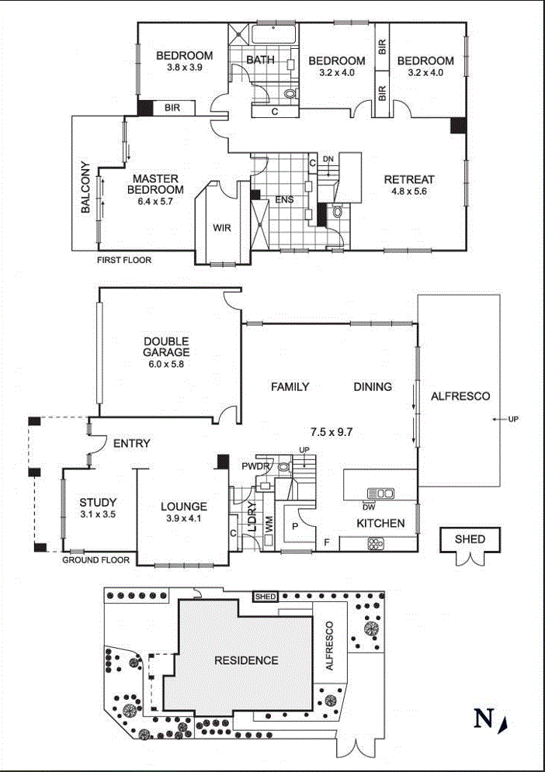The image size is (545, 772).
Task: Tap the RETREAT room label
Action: pyautogui.click(x=409, y=180)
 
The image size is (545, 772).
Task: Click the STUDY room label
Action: pyautogui.click(x=97, y=501)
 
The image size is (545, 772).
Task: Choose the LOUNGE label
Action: pyautogui.click(x=183, y=507)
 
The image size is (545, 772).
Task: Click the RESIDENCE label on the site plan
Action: pyautogui.click(x=246, y=660)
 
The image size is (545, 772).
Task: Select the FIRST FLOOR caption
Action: pyautogui.click(x=124, y=261)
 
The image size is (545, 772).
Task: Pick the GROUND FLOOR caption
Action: pyautogui.click(x=96, y=559)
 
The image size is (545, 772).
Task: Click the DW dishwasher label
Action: pyautogui.click(x=368, y=507)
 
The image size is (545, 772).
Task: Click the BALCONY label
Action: pyautogui.click(x=85, y=188)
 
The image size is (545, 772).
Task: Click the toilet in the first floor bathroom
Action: pyautogui.click(x=290, y=94)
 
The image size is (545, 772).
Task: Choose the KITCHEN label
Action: pyautogui.click(x=380, y=524)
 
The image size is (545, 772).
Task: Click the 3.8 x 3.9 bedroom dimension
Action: pyautogui.click(x=184, y=68)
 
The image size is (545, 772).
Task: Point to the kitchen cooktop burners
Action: pyautogui.click(x=377, y=543)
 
